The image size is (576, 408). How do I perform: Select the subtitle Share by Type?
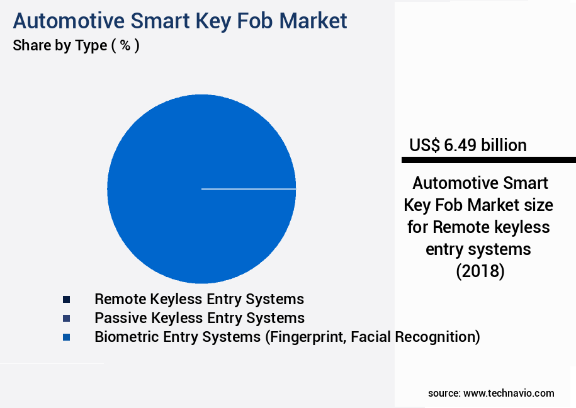(x=60, y=46)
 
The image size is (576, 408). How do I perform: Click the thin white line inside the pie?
(x=249, y=188)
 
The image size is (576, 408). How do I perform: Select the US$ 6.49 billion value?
(x=468, y=145)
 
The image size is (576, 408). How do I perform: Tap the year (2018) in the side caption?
(x=480, y=272)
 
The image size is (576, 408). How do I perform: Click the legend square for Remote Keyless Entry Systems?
(x=66, y=299)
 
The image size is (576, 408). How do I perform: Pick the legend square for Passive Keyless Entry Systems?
(x=66, y=318)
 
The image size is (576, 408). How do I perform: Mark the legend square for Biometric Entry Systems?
(x=66, y=337)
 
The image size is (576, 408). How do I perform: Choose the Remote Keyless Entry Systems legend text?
(x=199, y=299)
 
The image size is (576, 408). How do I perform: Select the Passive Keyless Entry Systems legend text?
(x=199, y=318)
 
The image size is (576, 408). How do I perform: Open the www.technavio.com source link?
(x=509, y=393)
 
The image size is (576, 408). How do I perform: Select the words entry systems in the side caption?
(x=478, y=249)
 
